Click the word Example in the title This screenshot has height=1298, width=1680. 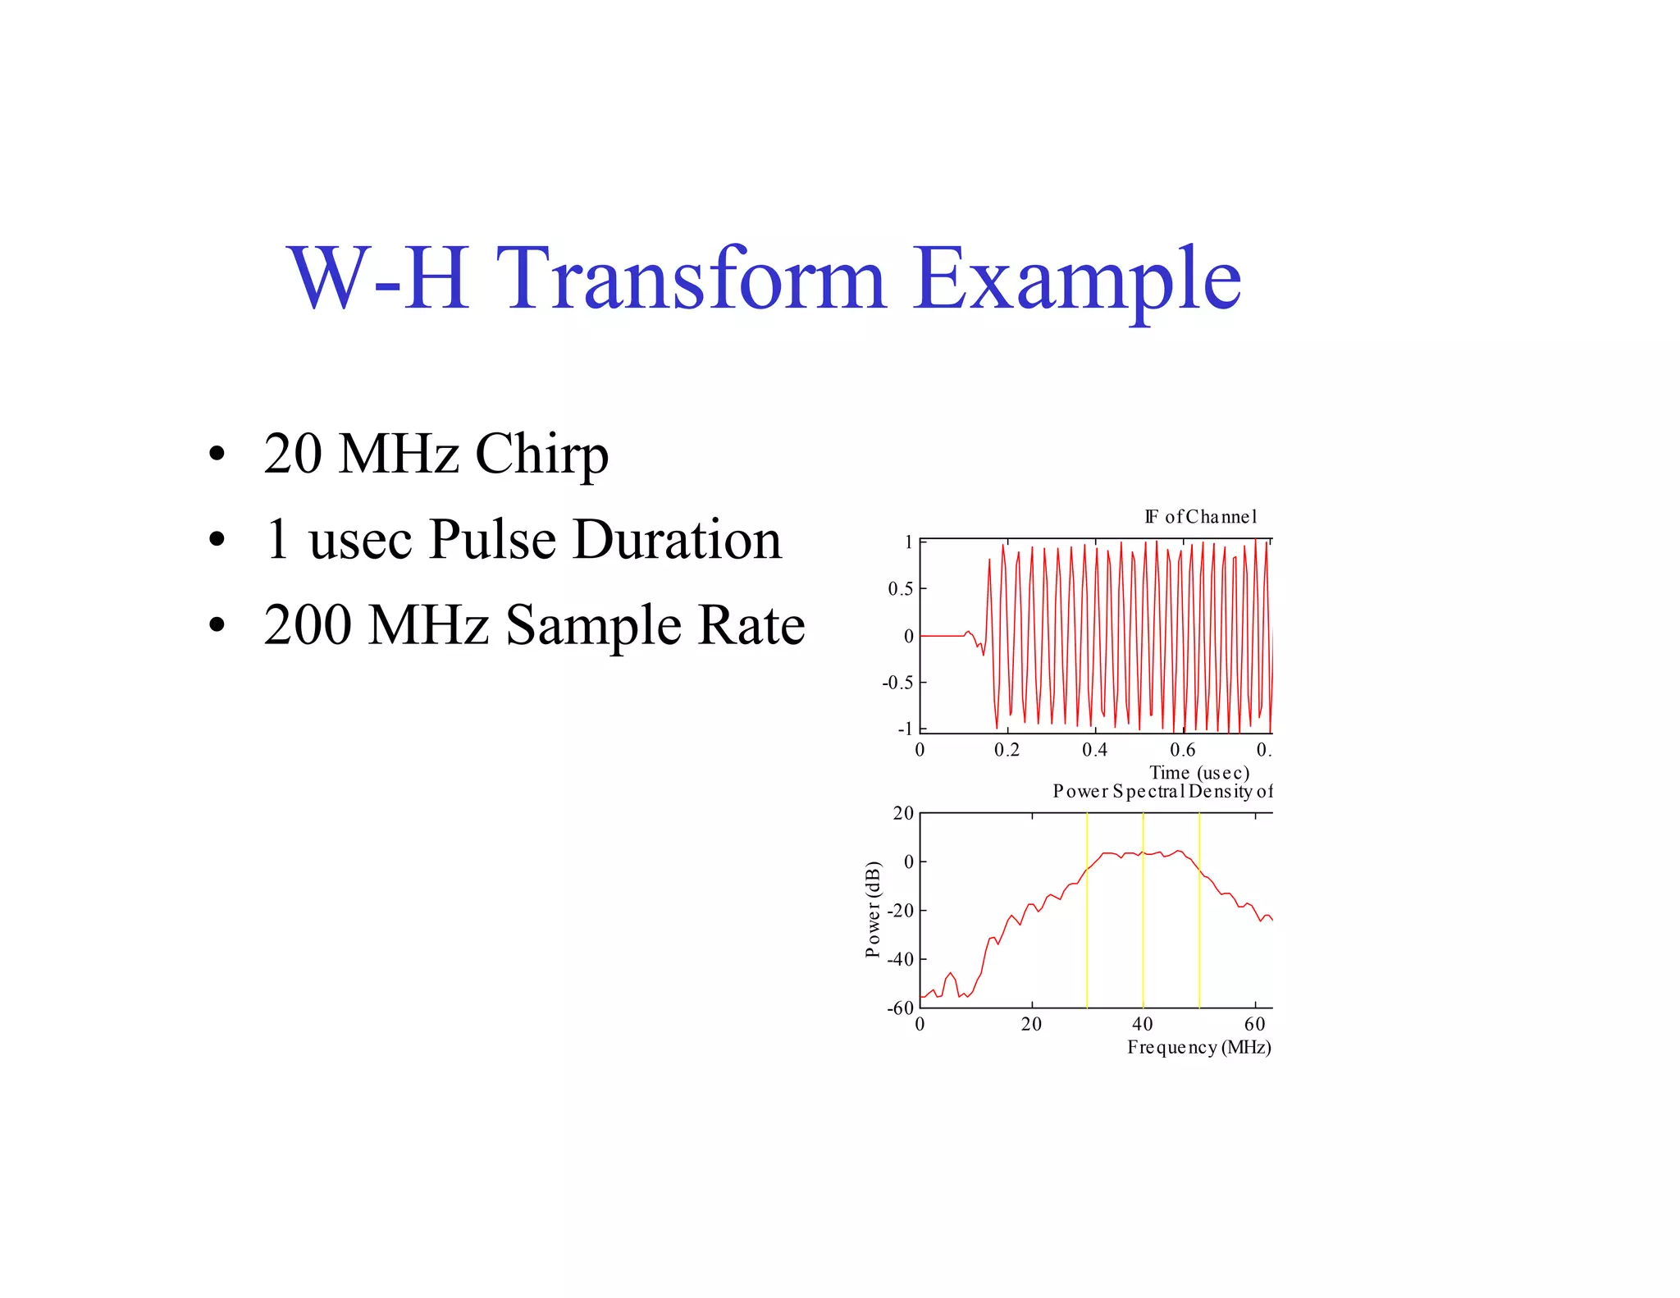point(1076,279)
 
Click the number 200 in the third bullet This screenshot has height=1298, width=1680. point(308,625)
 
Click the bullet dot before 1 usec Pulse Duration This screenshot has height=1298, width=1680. point(217,540)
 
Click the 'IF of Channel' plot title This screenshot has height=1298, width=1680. point(1200,517)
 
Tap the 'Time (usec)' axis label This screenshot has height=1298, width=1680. point(1199,773)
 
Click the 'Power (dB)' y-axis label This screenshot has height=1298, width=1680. point(873,909)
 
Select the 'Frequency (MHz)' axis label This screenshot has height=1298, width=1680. point(1198,1047)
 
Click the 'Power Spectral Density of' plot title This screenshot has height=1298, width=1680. point(1162,792)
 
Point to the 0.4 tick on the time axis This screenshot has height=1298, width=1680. point(1094,750)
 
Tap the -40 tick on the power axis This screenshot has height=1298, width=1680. point(901,959)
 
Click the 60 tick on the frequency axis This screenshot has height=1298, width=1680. point(1254,1024)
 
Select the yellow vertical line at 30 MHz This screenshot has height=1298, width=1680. point(1087,944)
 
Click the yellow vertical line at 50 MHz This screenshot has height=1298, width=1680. point(1199,944)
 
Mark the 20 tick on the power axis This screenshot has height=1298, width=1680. point(903,814)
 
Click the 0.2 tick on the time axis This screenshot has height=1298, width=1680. point(1007,750)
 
